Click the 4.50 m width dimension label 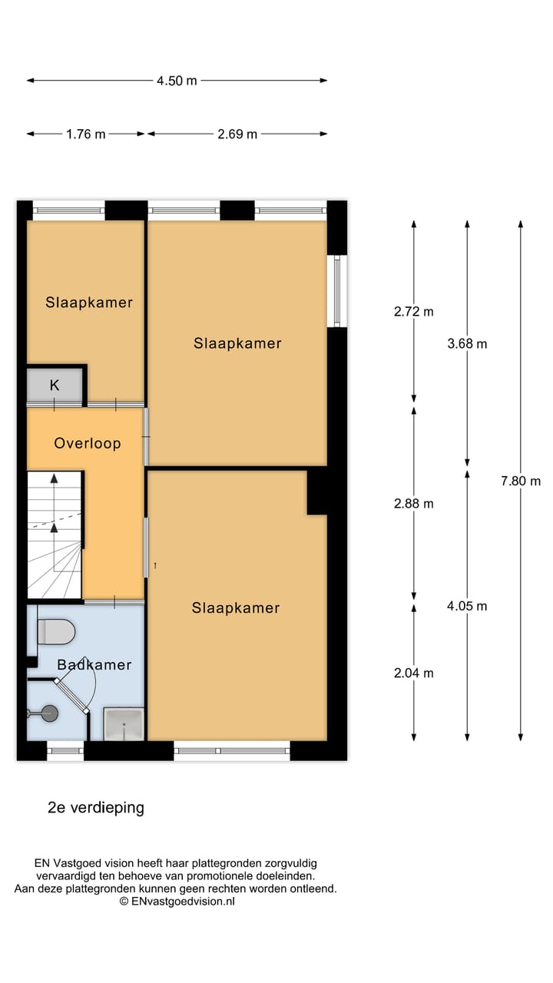pyautogui.click(x=177, y=81)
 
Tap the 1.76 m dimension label pyautogui.click(x=86, y=134)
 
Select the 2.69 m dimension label pyautogui.click(x=237, y=134)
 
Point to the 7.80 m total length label pyautogui.click(x=521, y=481)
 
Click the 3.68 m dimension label pyautogui.click(x=467, y=343)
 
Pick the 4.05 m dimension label pyautogui.click(x=467, y=606)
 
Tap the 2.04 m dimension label pyautogui.click(x=413, y=673)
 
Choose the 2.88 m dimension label pyautogui.click(x=413, y=503)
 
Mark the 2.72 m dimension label pyautogui.click(x=413, y=312)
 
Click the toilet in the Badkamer pyautogui.click(x=56, y=631)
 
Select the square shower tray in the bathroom pyautogui.click(x=124, y=723)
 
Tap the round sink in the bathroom pyautogui.click(x=49, y=713)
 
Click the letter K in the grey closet pyautogui.click(x=55, y=386)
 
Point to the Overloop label pyautogui.click(x=88, y=443)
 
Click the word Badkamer pyautogui.click(x=94, y=664)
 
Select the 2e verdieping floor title pyautogui.click(x=96, y=807)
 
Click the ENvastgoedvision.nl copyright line pyautogui.click(x=177, y=902)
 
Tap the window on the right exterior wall pyautogui.click(x=337, y=291)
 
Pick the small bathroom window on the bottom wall pyautogui.click(x=65, y=751)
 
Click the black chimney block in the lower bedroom pyautogui.click(x=317, y=491)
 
